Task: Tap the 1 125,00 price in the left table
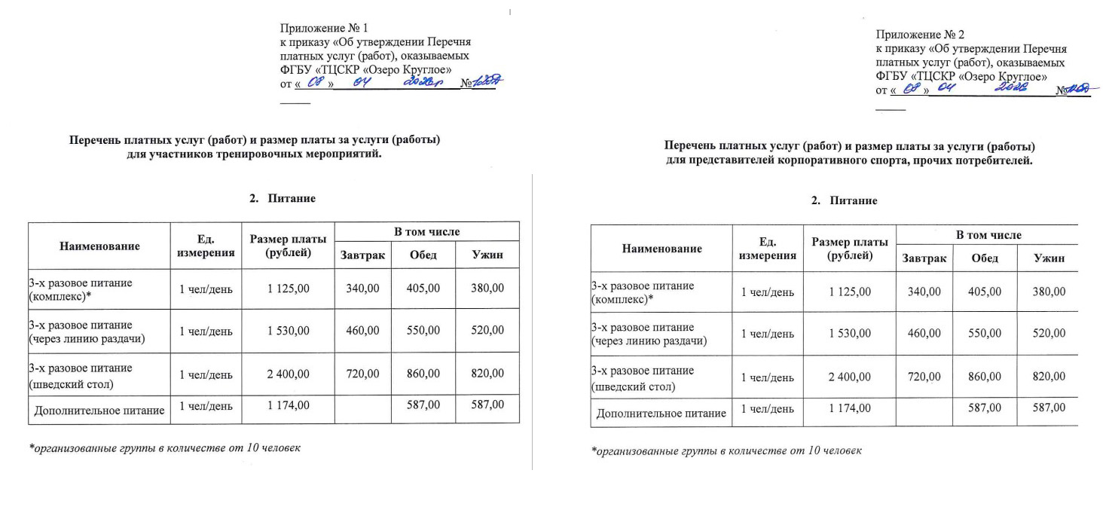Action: pos(288,288)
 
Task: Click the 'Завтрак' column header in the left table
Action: pos(362,255)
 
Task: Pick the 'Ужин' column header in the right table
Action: pos(1049,258)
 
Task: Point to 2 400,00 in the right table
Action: pos(850,377)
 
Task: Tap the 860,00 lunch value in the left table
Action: pos(423,373)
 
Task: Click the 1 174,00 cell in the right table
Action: pos(850,408)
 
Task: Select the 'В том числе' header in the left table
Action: pos(426,232)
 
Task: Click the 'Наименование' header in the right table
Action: pos(662,249)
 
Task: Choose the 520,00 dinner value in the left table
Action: pos(487,330)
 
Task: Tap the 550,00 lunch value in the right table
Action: pos(985,333)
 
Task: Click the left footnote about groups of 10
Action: pos(165,448)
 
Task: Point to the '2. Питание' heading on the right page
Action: pos(844,201)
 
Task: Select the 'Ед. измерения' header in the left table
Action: pos(206,246)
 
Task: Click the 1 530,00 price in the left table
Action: pos(288,330)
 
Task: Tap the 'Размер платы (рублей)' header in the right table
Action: pos(850,249)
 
